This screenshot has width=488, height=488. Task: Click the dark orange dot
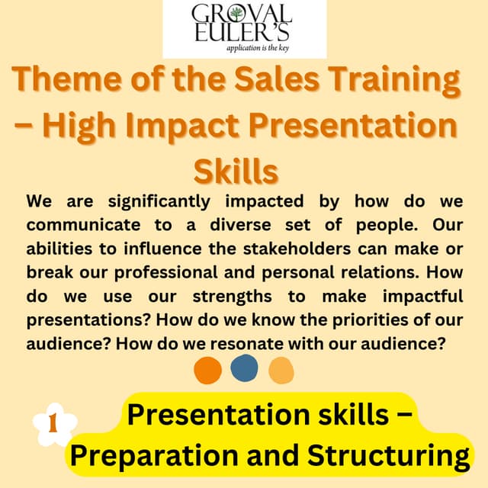pos(207,370)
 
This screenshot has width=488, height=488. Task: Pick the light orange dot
pos(281,370)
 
